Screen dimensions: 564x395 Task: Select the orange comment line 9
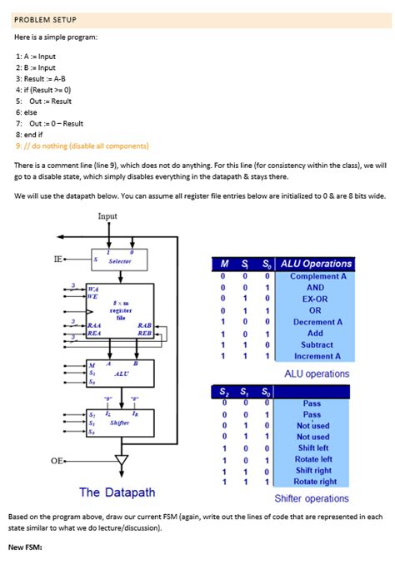pos(82,145)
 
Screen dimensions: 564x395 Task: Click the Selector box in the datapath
pos(120,260)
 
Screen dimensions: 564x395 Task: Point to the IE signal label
pos(58,259)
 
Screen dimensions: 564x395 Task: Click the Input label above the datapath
pos(107,215)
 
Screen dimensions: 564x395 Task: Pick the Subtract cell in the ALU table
pos(316,344)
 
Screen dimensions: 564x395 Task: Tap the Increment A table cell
pos(316,356)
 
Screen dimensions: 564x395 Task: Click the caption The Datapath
pos(117,492)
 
